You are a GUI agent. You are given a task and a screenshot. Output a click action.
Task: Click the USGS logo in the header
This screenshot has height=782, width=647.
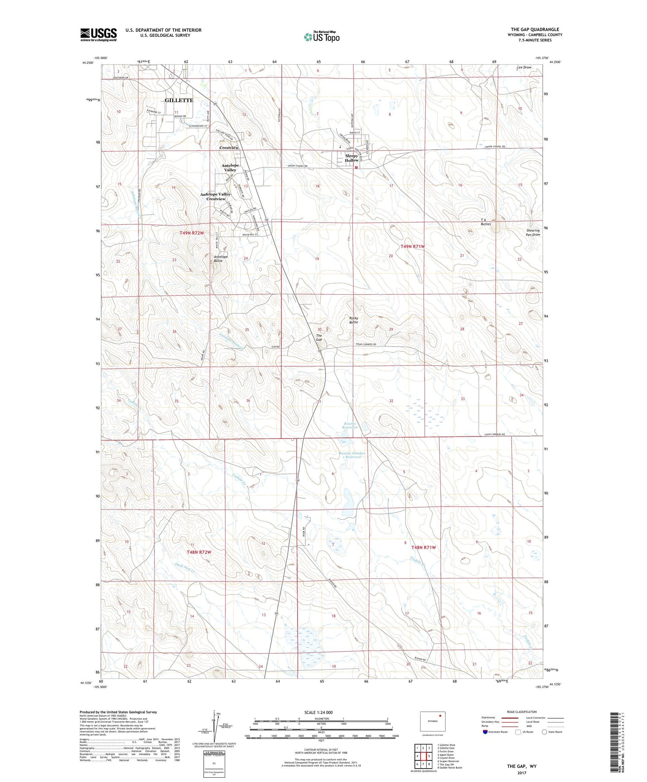click(x=98, y=35)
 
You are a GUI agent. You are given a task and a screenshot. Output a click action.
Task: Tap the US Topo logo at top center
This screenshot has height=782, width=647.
click(x=321, y=37)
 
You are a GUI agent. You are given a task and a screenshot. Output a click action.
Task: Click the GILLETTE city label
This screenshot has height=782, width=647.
click(x=179, y=100)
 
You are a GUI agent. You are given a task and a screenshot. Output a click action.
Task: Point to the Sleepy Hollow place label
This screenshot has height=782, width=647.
click(x=352, y=158)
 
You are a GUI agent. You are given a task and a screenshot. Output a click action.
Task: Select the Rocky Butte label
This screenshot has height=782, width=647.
click(x=354, y=320)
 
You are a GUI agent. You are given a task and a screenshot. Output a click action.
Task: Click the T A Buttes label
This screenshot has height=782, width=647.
click(x=486, y=222)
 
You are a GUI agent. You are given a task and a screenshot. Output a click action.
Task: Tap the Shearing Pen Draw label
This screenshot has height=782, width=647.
click(x=533, y=232)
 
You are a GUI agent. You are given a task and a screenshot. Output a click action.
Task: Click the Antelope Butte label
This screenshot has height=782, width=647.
click(x=221, y=259)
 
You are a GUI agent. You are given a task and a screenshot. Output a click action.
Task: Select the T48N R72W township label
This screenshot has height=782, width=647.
click(x=199, y=552)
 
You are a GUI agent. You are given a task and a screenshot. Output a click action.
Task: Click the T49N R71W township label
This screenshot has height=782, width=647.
click(x=413, y=246)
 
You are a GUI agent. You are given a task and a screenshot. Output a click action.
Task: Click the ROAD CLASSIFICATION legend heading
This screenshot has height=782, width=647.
click(x=521, y=712)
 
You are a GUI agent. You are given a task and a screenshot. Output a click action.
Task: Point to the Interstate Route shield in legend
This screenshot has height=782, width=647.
click(x=485, y=732)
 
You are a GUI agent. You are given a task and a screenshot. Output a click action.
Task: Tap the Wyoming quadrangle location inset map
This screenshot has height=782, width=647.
click(x=433, y=721)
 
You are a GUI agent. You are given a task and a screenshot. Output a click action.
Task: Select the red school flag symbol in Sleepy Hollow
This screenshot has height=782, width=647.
click(x=356, y=167)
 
